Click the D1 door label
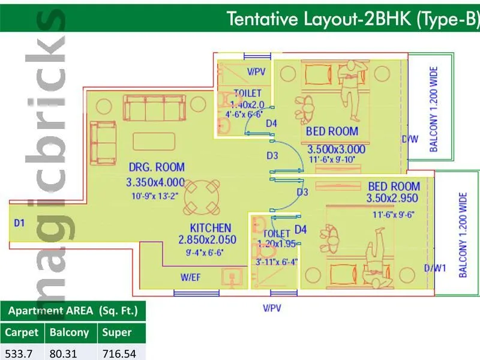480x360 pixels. [x=20, y=223]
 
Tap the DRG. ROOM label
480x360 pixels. [x=155, y=167]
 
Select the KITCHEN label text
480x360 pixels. [x=210, y=228]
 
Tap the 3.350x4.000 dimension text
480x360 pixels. [x=155, y=181]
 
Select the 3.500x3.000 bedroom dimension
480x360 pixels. [x=336, y=149]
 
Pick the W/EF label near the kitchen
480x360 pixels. [x=193, y=278]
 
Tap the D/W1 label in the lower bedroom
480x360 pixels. [x=435, y=268]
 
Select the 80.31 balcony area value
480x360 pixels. [x=64, y=353]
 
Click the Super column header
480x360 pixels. [x=116, y=332]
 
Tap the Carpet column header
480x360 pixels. [x=22, y=332]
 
